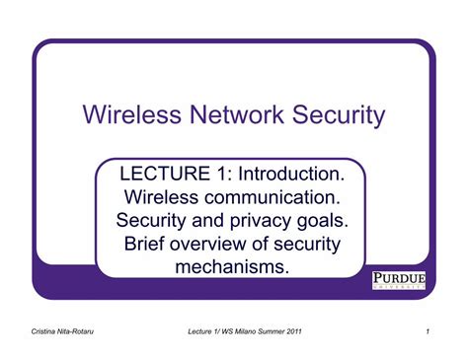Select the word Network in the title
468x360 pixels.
[x=234, y=116]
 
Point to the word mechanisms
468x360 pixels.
[x=232, y=266]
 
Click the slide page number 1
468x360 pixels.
[x=428, y=331]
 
